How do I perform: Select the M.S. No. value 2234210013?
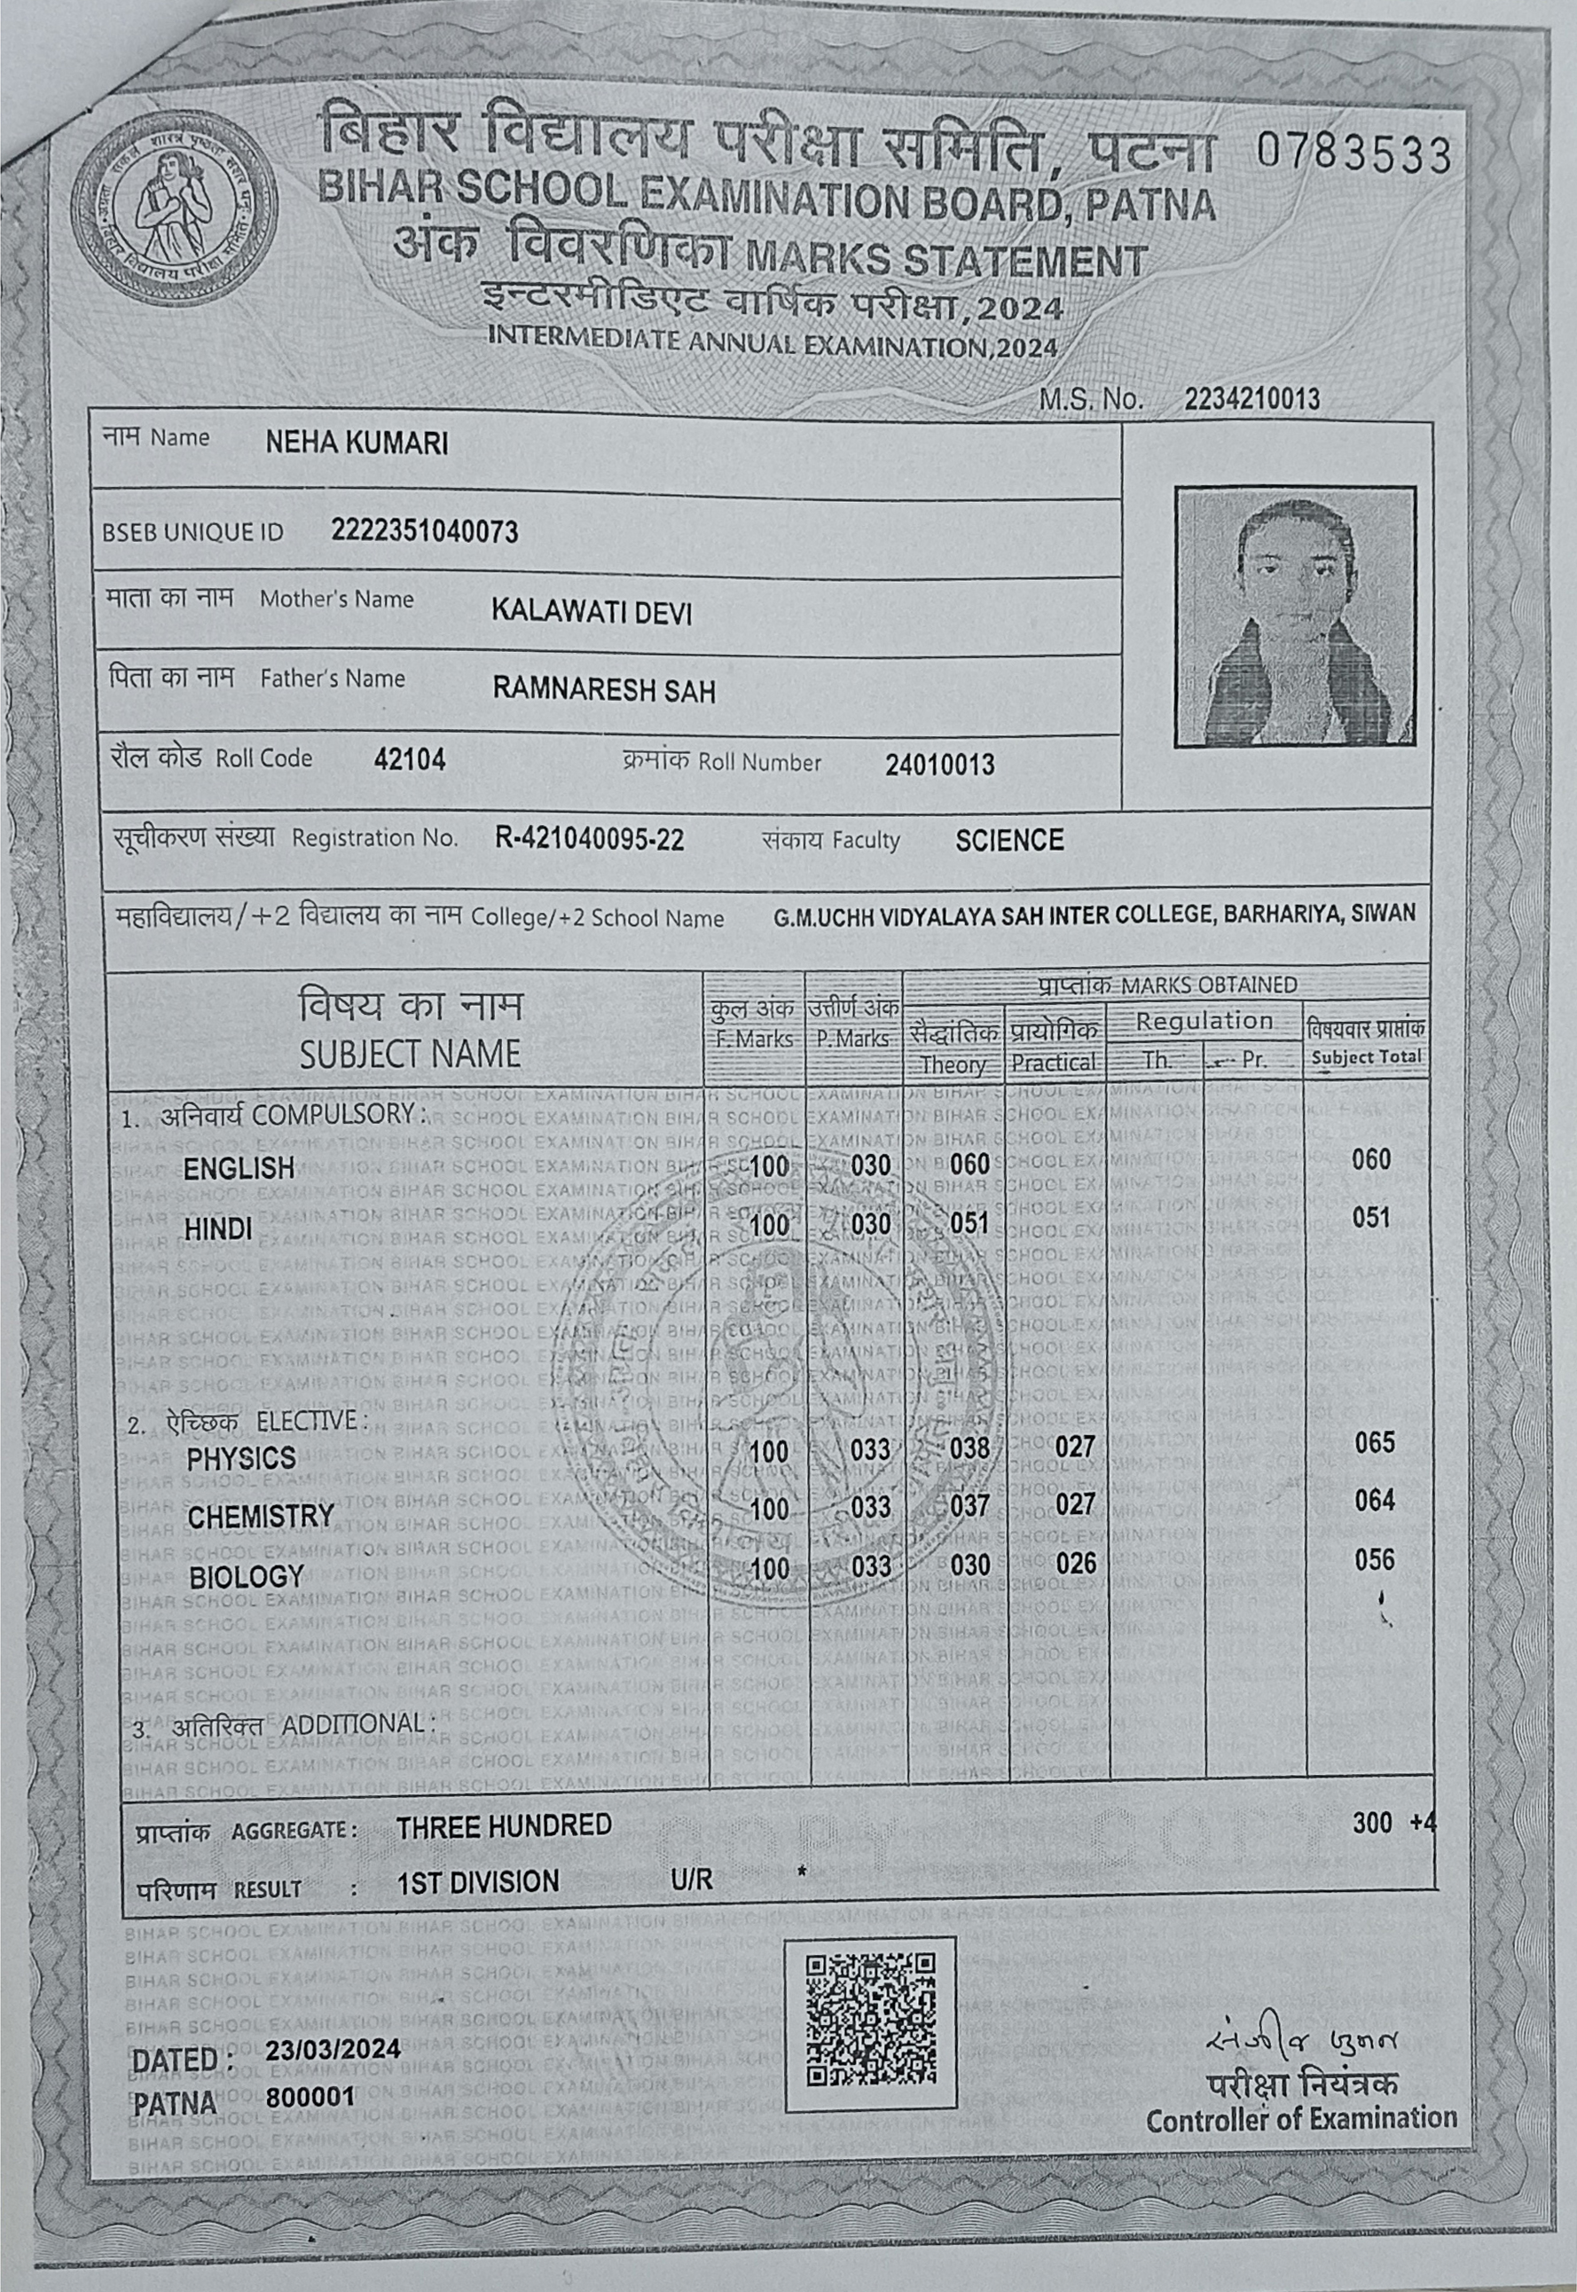[1251, 399]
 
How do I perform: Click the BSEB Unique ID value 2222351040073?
[425, 531]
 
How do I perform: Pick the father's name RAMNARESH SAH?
[604, 689]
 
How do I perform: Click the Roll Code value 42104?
[409, 758]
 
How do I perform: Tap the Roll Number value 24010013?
[939, 764]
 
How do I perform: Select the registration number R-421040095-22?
[589, 840]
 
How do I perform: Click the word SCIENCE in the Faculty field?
[1008, 841]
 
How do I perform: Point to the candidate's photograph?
[1294, 616]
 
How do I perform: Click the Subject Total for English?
[1371, 1158]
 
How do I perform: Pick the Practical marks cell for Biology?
[1075, 1562]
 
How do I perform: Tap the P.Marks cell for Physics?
[869, 1449]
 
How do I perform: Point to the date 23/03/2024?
[333, 2048]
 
